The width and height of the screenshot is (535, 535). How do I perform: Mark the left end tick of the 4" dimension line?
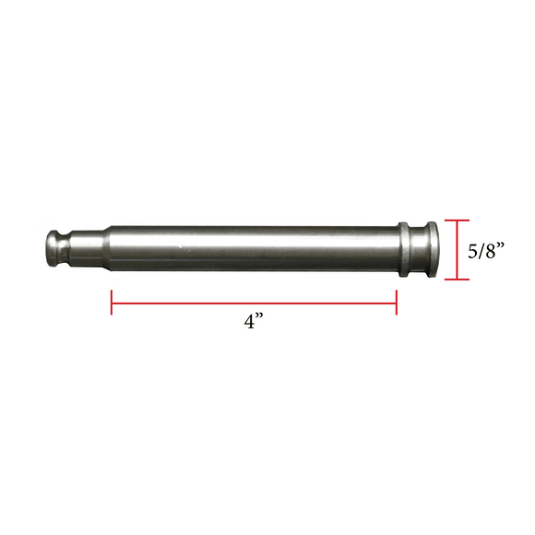113,303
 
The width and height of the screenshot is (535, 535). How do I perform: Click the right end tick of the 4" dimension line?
396,303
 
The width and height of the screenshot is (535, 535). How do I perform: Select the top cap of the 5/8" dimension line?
458,220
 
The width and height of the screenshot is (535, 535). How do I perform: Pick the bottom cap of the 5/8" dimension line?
458,279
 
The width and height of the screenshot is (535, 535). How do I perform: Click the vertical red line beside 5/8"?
458,249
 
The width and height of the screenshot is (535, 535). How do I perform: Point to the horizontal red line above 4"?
254,303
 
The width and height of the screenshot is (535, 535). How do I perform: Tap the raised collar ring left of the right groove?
403,249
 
